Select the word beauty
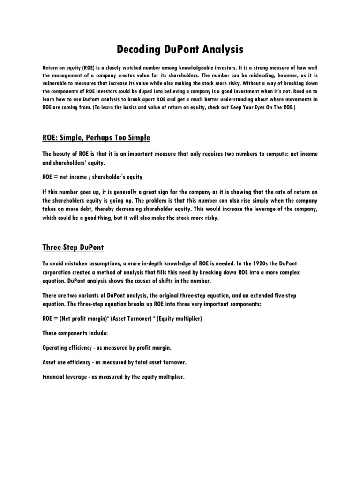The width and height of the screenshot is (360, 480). [64, 155]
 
